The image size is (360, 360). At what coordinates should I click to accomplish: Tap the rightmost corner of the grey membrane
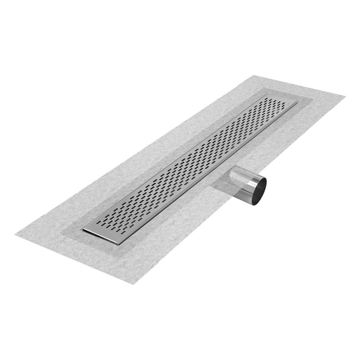click(346, 96)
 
